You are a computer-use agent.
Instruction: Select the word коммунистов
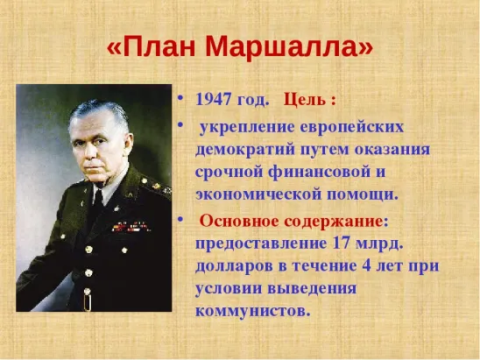254,310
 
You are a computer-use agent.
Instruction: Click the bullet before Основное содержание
181,218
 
